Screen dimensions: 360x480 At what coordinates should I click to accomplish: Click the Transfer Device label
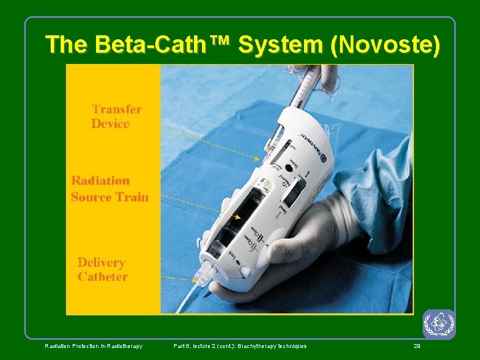click(116, 116)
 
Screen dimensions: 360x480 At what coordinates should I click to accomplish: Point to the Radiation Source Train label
click(109, 188)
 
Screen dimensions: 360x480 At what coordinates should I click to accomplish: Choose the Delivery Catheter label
click(102, 269)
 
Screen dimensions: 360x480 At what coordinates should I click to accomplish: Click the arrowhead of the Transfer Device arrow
click(258, 159)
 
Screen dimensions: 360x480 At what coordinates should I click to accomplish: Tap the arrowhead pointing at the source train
click(237, 217)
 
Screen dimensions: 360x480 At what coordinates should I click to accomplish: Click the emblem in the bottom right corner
click(439, 324)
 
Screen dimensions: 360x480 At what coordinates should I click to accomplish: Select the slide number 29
click(417, 346)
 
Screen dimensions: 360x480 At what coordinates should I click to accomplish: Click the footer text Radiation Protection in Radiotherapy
click(93, 346)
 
